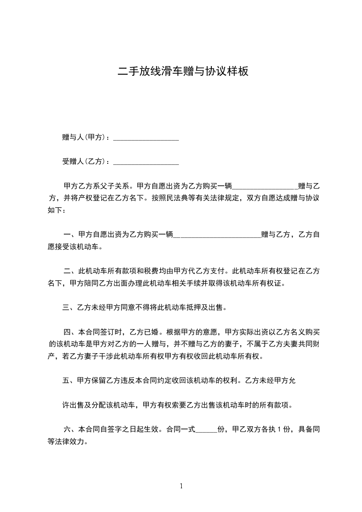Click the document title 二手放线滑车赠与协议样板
(x=183, y=71)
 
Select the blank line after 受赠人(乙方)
(x=146, y=162)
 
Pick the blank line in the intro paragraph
(x=265, y=186)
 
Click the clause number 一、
(x=70, y=235)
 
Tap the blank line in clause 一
(x=217, y=235)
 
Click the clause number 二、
(x=70, y=271)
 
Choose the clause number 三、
(x=68, y=308)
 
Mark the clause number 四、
(x=70, y=332)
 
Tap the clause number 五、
(x=68, y=381)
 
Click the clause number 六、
(x=70, y=429)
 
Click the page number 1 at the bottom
(x=181, y=486)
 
